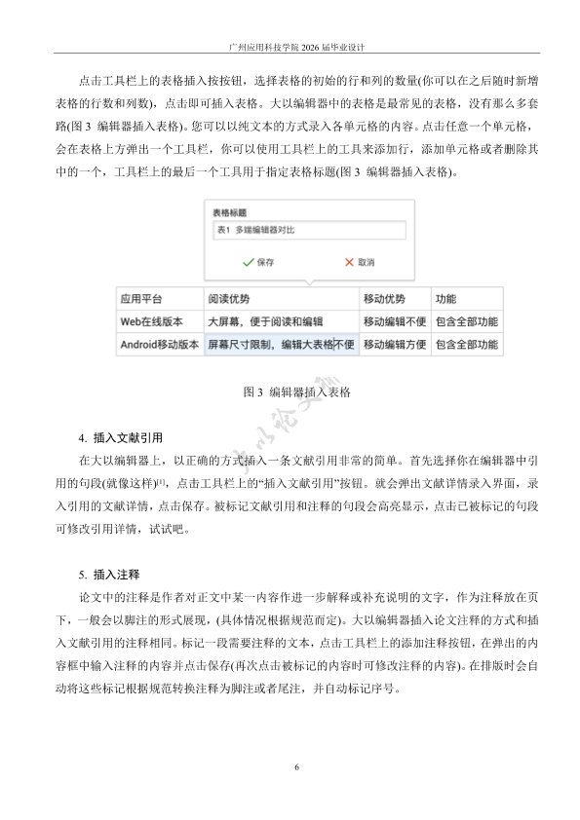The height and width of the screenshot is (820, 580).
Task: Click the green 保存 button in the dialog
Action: tap(258, 262)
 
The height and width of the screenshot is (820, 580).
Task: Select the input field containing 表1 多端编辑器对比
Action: tap(308, 231)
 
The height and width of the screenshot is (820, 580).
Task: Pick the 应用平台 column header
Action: tap(141, 298)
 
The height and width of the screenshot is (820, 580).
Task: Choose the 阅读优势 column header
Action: tap(229, 298)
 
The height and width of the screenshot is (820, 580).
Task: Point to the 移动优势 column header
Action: tap(384, 298)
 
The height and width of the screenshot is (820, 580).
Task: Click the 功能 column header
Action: tap(445, 298)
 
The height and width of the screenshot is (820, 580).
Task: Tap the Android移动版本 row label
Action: tap(159, 344)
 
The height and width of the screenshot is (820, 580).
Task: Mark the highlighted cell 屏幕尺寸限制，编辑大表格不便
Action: tap(281, 344)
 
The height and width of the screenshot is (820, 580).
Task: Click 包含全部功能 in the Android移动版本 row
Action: tap(467, 344)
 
